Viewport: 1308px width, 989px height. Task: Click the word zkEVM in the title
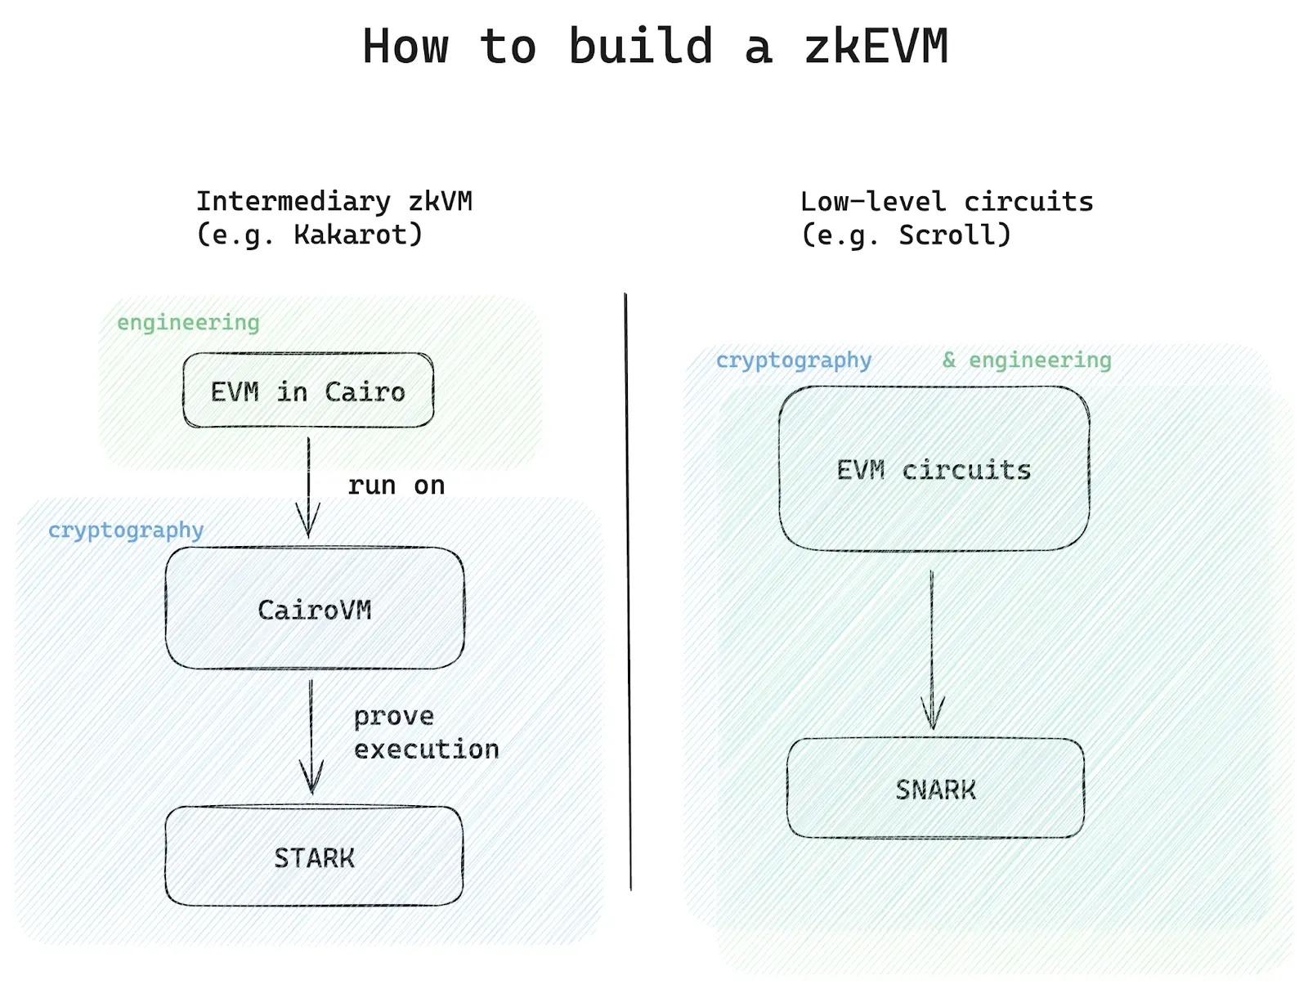click(x=876, y=47)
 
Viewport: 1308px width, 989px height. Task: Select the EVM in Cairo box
click(x=308, y=391)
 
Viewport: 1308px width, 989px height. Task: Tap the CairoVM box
click(x=315, y=609)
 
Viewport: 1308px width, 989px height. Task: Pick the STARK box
click(x=314, y=857)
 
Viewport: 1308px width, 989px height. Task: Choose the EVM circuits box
click(x=934, y=469)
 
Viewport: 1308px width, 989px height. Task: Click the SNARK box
click(x=936, y=789)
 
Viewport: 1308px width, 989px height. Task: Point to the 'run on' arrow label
click(x=396, y=485)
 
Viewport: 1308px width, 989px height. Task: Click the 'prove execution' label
click(x=425, y=732)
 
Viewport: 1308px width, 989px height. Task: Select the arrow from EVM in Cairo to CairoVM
click(x=308, y=486)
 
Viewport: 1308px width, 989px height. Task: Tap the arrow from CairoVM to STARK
click(x=311, y=736)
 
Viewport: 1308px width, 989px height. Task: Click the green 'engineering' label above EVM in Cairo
click(x=188, y=323)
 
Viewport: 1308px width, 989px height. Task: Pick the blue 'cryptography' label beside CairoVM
click(x=126, y=530)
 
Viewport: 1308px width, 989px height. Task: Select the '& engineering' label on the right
click(x=1027, y=360)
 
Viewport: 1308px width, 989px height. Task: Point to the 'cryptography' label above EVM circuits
click(x=794, y=360)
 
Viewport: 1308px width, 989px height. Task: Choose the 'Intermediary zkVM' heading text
click(x=334, y=201)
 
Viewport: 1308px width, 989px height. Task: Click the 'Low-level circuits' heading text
click(x=947, y=201)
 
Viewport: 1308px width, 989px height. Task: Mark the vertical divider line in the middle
click(x=628, y=588)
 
